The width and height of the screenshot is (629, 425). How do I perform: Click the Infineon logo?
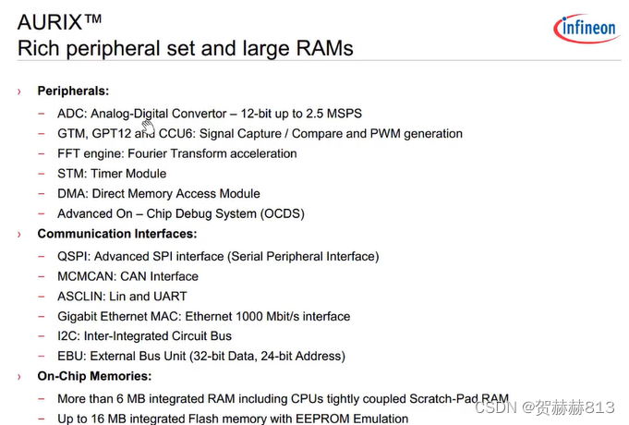point(586,29)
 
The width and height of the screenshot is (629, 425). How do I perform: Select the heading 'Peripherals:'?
point(73,91)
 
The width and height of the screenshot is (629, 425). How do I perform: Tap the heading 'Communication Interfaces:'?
point(116,234)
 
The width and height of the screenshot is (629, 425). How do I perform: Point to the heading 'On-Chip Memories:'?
point(94,376)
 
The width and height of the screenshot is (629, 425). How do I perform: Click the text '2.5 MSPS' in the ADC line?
point(334,114)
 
